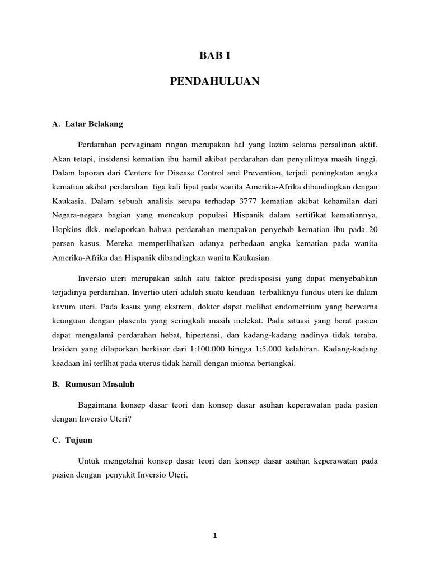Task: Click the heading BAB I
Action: [x=214, y=55]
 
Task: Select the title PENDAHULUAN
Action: [x=214, y=82]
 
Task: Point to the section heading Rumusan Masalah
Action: [x=94, y=385]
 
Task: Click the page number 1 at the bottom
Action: [x=214, y=535]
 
